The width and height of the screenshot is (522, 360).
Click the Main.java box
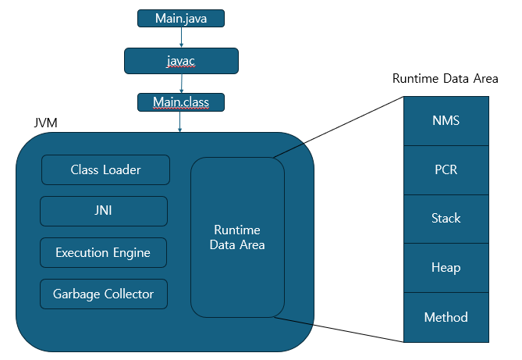pyautogui.click(x=181, y=18)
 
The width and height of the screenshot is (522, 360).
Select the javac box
pyautogui.click(x=181, y=61)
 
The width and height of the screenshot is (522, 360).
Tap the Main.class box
pyautogui.click(x=181, y=102)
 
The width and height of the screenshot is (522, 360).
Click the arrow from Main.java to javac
pyautogui.click(x=181, y=37)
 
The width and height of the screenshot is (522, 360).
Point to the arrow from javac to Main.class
pyautogui.click(x=181, y=83)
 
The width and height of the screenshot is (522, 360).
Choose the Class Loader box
pyautogui.click(x=105, y=169)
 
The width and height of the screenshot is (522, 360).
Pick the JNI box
pyautogui.click(x=104, y=211)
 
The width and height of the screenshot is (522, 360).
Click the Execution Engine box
pyautogui.click(x=103, y=253)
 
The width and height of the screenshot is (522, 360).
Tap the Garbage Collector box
pyautogui.click(x=103, y=294)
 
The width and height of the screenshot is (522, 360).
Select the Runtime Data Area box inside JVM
pyautogui.click(x=238, y=237)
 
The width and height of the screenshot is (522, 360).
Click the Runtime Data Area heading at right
pyautogui.click(x=445, y=79)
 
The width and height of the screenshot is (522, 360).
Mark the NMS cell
pyautogui.click(x=446, y=121)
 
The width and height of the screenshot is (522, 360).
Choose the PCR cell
pyautogui.click(x=446, y=169)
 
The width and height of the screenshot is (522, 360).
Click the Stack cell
pyautogui.click(x=446, y=219)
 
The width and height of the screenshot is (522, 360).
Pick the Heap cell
pyautogui.click(x=446, y=268)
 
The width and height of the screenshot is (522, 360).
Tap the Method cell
pyautogui.click(x=446, y=317)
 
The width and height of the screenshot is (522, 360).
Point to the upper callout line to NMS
pyautogui.click(x=339, y=127)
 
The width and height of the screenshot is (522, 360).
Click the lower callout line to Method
pyautogui.click(x=339, y=330)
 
